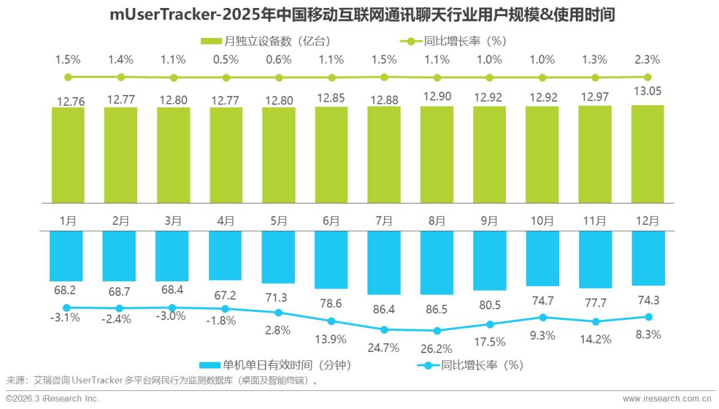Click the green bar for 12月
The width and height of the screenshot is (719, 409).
click(647, 154)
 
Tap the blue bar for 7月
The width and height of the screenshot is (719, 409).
click(384, 263)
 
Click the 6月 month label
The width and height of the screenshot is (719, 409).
click(332, 220)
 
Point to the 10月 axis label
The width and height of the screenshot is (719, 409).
click(542, 220)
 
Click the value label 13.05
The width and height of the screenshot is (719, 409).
click(647, 91)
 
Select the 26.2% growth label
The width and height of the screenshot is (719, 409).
click(437, 348)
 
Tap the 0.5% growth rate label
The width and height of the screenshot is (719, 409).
click(226, 59)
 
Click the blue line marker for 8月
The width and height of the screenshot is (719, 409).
click(437, 331)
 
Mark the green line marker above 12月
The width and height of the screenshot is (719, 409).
click(647, 77)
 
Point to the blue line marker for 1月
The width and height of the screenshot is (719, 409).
click(68, 308)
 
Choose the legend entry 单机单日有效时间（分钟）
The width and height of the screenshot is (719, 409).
click(276, 365)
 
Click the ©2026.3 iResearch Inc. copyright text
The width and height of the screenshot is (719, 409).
click(53, 398)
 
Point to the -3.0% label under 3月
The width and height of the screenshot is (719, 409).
click(173, 317)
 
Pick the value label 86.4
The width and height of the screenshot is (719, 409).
click(384, 310)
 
